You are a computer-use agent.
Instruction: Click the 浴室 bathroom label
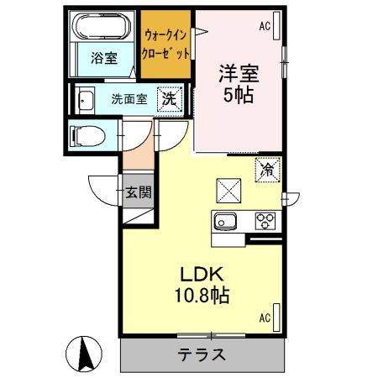[x=105, y=59]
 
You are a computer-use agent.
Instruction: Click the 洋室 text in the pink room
[x=239, y=73]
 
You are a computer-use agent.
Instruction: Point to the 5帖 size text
[x=239, y=94]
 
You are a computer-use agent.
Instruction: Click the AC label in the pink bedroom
[x=265, y=27]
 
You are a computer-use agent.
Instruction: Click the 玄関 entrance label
[x=139, y=192]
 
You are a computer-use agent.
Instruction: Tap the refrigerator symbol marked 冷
[x=268, y=169]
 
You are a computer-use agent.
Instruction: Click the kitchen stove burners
[x=265, y=223]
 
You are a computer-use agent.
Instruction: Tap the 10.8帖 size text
[x=202, y=296]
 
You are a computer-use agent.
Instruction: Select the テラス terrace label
[x=202, y=354]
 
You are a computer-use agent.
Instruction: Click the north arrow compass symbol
[x=84, y=353]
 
